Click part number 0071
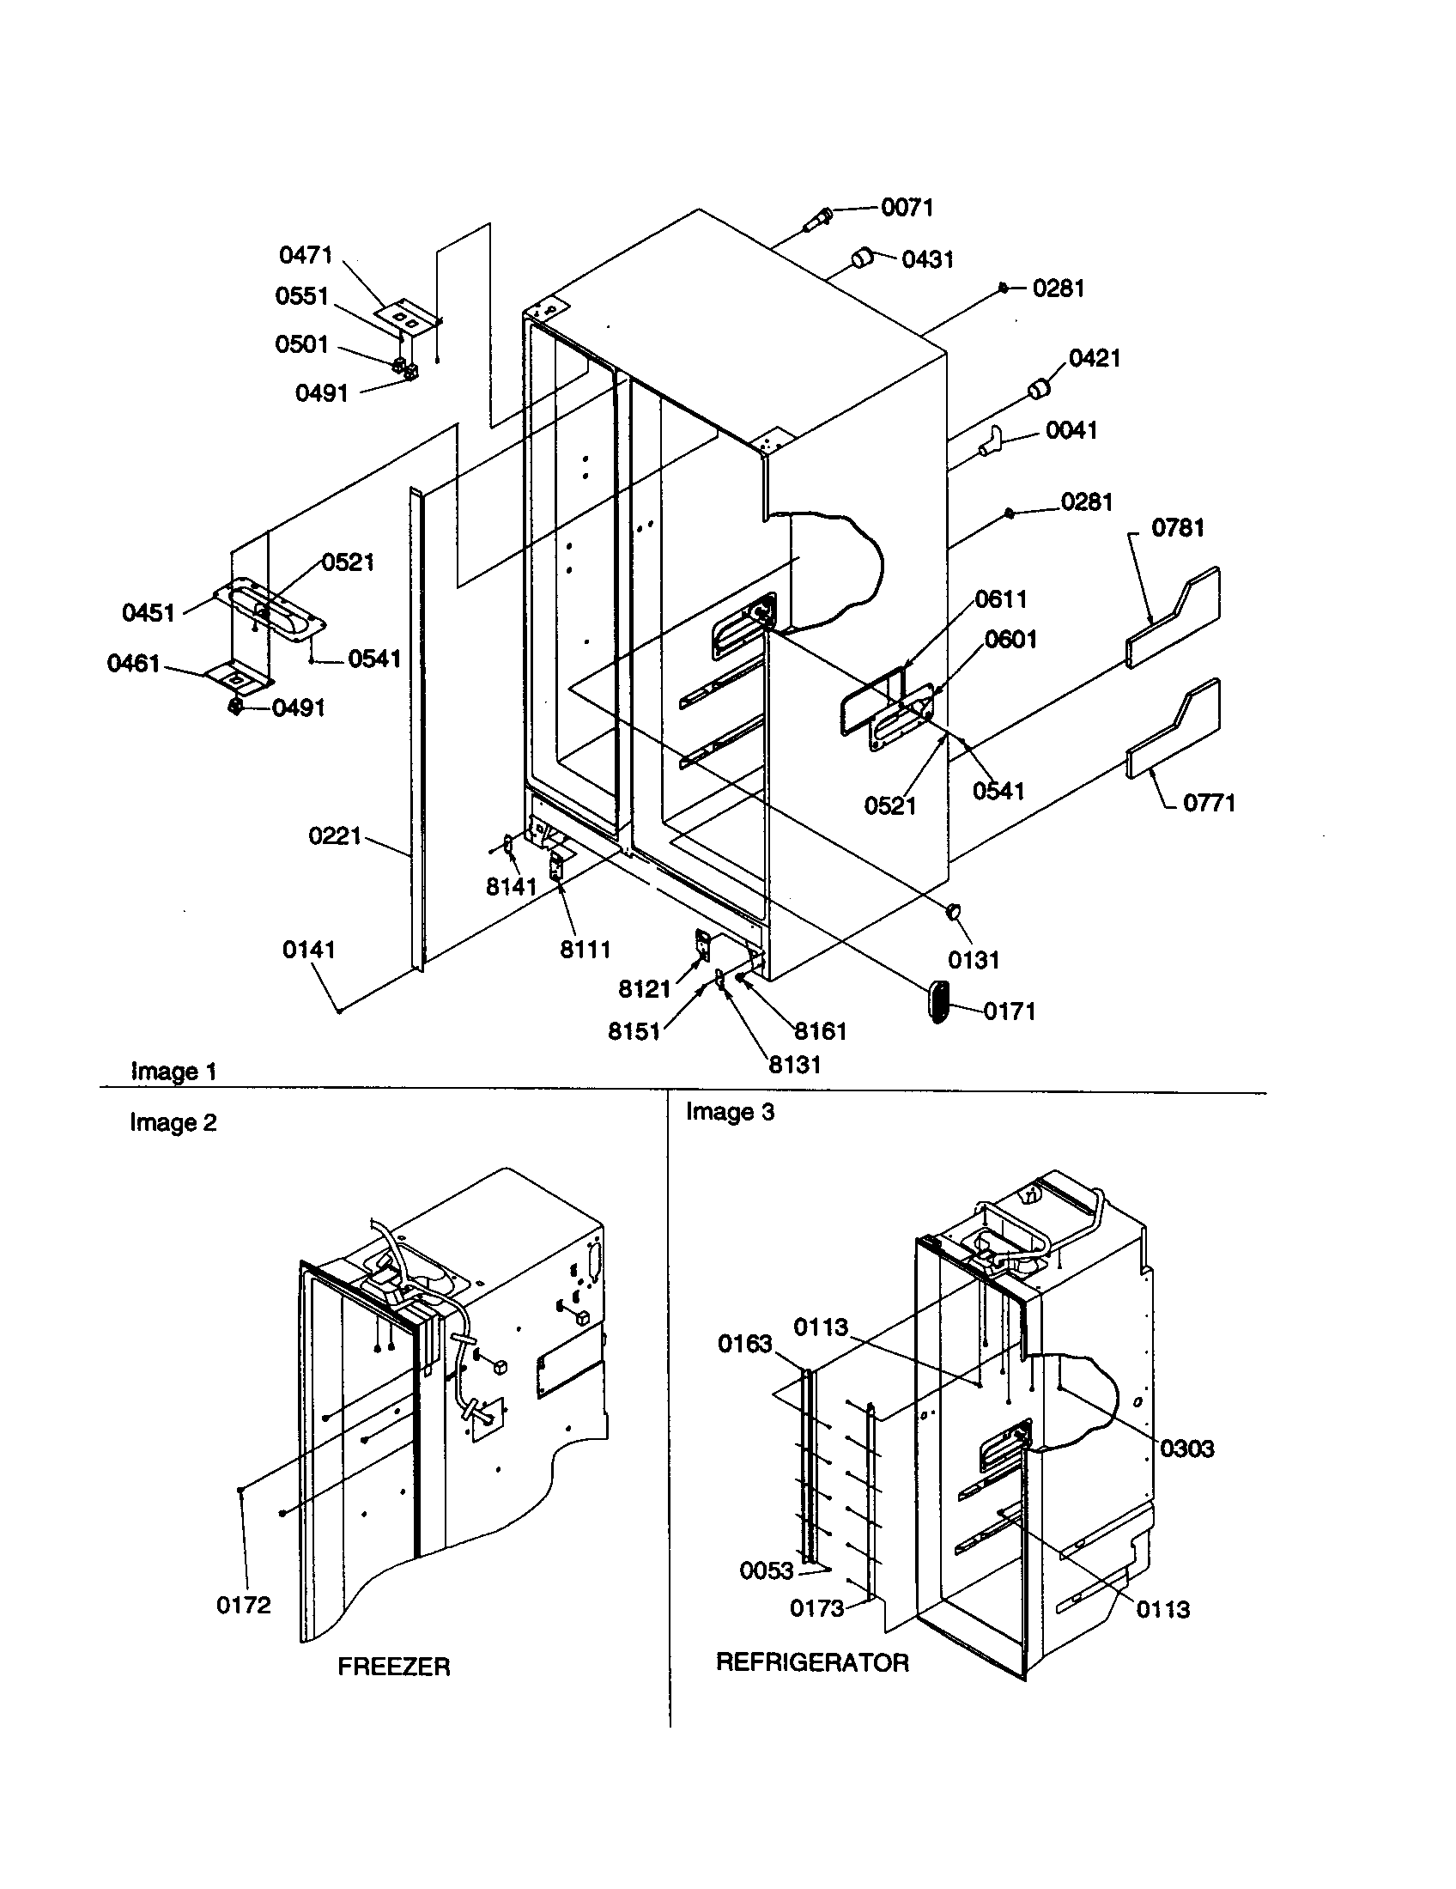click(x=907, y=208)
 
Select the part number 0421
click(x=1095, y=358)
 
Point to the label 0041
click(x=1071, y=430)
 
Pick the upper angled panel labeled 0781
click(x=1174, y=617)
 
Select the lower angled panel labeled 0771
click(x=1174, y=728)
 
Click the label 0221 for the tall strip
click(x=334, y=836)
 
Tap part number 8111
click(x=585, y=949)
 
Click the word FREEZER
click(x=393, y=1667)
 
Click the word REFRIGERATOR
click(x=812, y=1662)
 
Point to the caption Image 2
click(x=173, y=1123)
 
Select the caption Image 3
click(x=730, y=1112)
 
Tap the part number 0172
click(x=243, y=1606)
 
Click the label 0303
click(x=1186, y=1449)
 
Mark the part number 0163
click(x=744, y=1344)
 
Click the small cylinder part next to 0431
click(x=862, y=257)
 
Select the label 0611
click(x=1000, y=598)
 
